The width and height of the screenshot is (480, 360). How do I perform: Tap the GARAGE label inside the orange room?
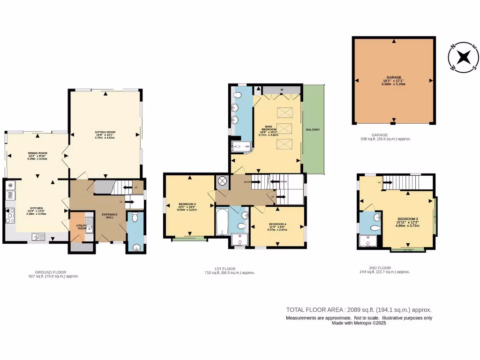tap(394, 77)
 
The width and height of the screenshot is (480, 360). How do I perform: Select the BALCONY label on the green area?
tap(313, 129)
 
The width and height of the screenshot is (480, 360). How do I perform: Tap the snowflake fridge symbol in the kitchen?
tap(10, 186)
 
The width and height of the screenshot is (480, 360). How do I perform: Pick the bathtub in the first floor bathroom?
tap(221, 223)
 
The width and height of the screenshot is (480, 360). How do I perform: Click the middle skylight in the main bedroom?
tap(283, 127)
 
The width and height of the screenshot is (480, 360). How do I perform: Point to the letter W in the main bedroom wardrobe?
tap(281, 90)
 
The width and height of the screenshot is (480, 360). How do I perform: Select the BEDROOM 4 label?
tap(277, 225)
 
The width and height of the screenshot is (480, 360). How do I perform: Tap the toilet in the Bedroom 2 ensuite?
tap(374, 228)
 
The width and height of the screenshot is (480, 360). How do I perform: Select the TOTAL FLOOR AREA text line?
tap(359, 310)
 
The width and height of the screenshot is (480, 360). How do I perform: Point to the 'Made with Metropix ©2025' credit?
tap(359, 323)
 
